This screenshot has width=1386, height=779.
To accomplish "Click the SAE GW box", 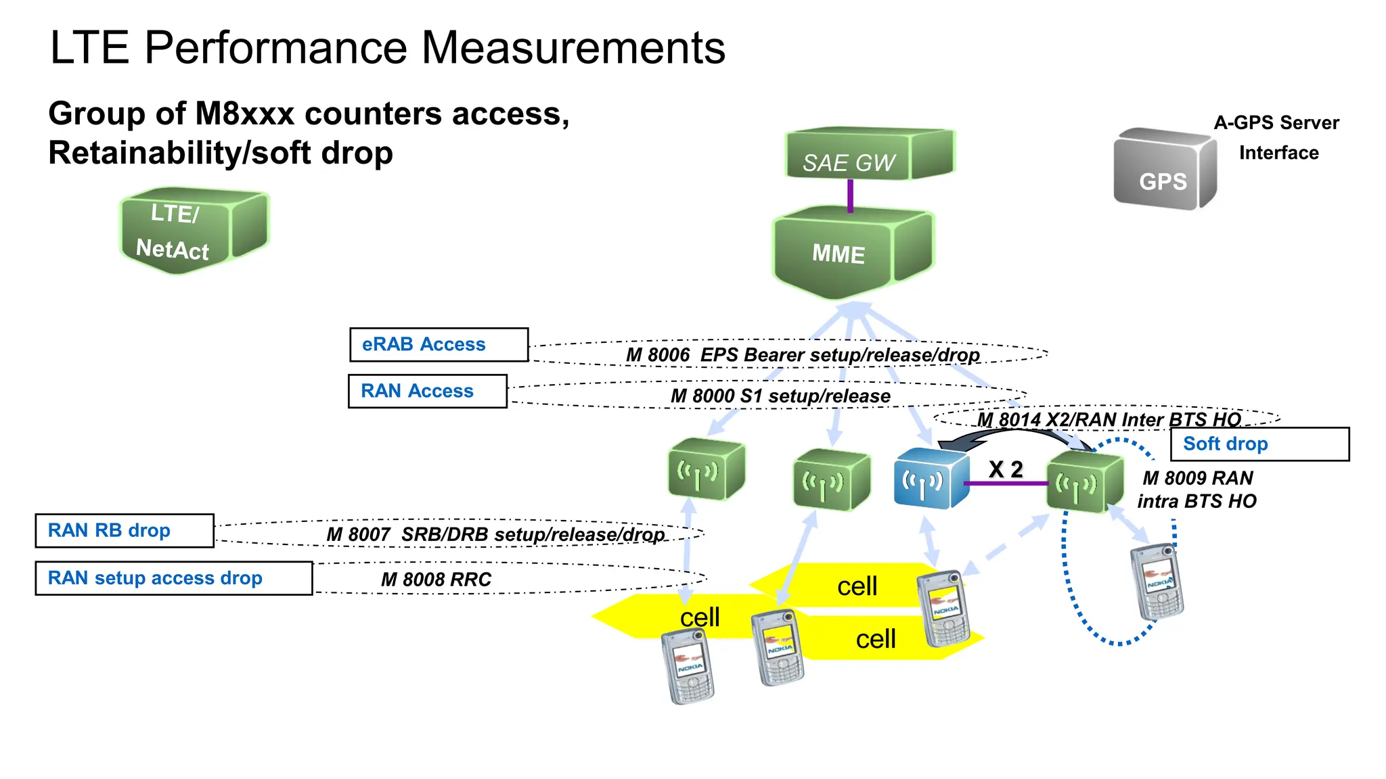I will [868, 155].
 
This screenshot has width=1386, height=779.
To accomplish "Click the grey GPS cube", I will [1163, 170].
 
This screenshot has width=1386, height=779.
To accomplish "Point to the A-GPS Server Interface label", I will [1277, 137].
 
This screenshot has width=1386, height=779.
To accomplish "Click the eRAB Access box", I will [439, 345].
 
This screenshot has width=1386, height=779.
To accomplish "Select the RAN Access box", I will [427, 392].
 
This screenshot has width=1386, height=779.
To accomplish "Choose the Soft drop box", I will [1259, 444].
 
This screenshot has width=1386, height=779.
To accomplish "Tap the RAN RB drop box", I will [125, 531].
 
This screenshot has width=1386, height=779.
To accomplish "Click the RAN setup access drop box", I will [173, 578].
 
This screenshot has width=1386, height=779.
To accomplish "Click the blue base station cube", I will [931, 478].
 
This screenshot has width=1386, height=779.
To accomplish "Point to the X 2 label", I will [1006, 469].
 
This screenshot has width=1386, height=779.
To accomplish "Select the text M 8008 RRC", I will [436, 580].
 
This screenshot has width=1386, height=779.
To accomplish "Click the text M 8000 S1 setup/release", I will [780, 396].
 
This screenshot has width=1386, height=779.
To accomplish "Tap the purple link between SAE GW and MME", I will [850, 195].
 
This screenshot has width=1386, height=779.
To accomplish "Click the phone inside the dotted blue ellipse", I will [1157, 582].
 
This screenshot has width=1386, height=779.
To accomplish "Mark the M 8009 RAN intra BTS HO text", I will [1197, 490].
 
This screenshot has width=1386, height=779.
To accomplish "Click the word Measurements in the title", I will [573, 48].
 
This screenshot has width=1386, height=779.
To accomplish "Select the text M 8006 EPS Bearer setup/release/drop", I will [802, 355].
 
